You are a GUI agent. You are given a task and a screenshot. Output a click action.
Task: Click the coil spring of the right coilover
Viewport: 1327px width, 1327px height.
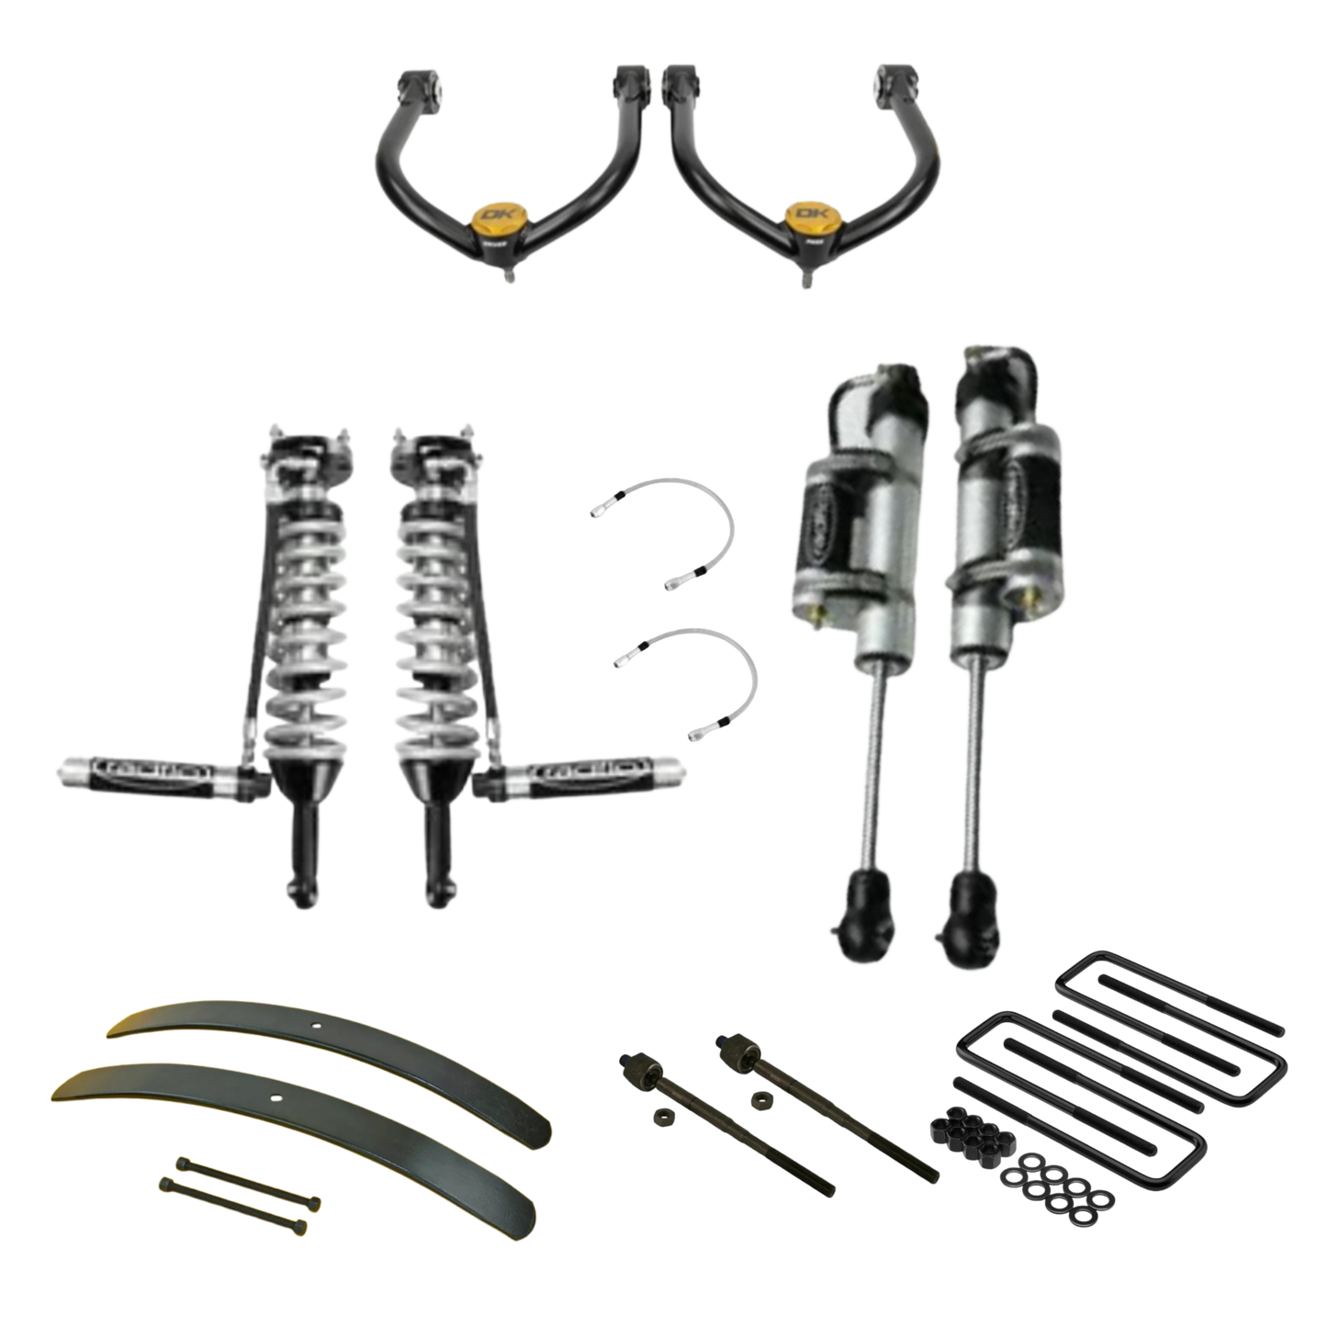click(432, 597)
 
